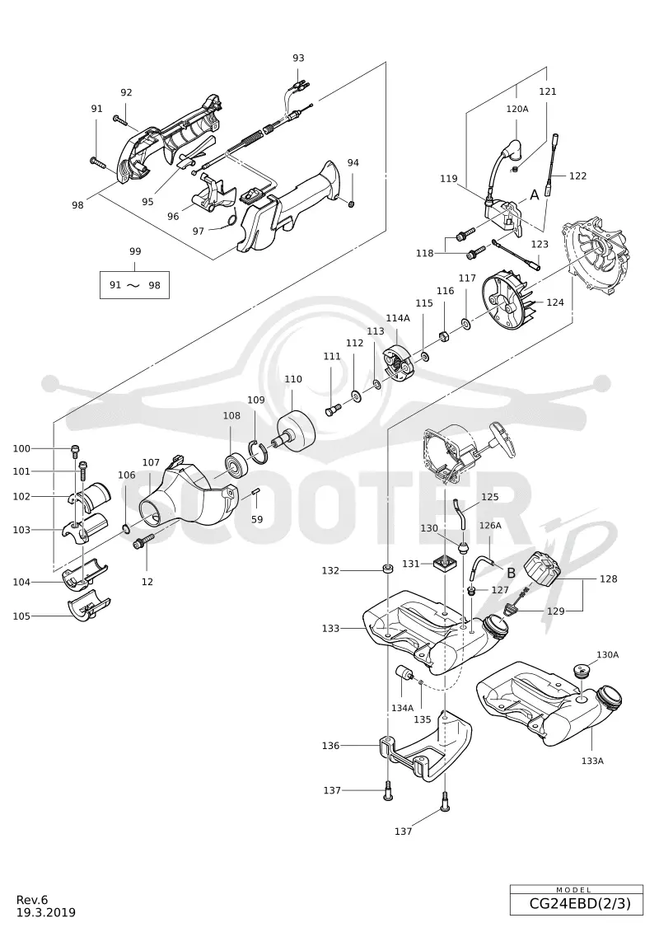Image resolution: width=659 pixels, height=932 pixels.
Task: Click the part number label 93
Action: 298,58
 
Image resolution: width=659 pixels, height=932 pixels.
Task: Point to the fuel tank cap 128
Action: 543,569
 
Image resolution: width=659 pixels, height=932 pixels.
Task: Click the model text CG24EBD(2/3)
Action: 577,904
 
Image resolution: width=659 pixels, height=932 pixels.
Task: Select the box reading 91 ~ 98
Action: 134,285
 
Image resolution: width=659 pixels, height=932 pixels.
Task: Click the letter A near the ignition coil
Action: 535,194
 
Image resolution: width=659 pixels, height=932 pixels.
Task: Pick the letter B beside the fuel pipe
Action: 511,574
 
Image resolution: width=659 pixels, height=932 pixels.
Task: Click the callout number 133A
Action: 592,761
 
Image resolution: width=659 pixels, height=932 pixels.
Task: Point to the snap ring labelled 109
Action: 259,451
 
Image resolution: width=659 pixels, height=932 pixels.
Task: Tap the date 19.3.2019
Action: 46,912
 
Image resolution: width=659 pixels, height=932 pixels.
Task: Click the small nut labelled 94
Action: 352,204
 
